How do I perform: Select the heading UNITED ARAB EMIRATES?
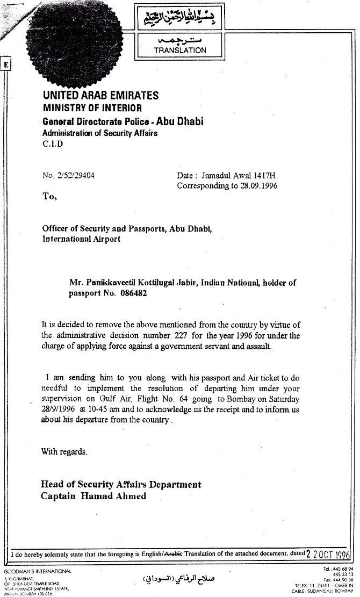[x=100, y=96]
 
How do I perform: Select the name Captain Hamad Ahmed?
[x=93, y=496]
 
